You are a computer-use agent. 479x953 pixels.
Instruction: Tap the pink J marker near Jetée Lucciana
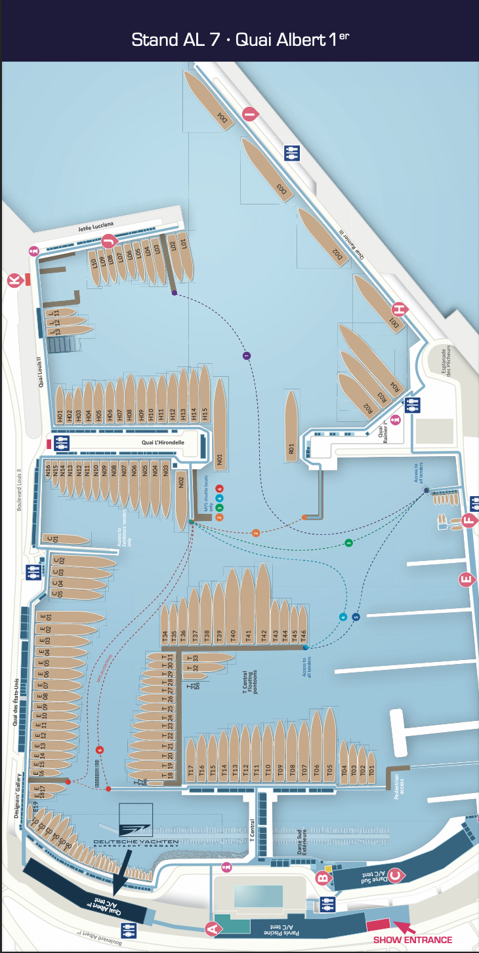pos(110,240)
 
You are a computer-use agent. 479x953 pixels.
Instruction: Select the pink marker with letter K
pos(14,281)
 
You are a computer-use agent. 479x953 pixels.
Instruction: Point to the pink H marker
pos(398,309)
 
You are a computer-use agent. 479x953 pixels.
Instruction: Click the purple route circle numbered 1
pos(247,356)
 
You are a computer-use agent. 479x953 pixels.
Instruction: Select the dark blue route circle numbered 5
pos(356,617)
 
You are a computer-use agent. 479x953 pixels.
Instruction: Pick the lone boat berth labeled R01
pos(291,426)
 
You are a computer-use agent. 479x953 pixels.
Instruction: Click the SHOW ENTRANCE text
pos(412,939)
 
